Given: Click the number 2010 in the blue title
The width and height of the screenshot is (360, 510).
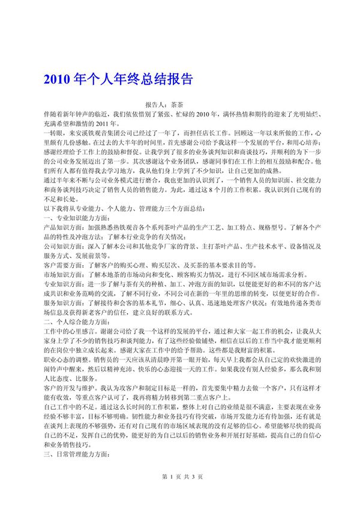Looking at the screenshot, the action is [57, 80].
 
